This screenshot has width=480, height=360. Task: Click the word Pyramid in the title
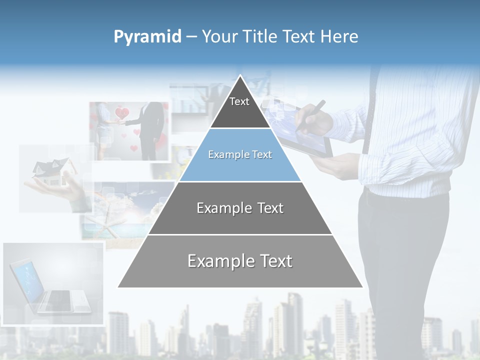[x=147, y=37]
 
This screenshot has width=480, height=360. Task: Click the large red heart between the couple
[x=122, y=113]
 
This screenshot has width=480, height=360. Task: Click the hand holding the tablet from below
[x=335, y=165]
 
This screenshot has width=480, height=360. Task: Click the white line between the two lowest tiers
[x=240, y=234]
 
